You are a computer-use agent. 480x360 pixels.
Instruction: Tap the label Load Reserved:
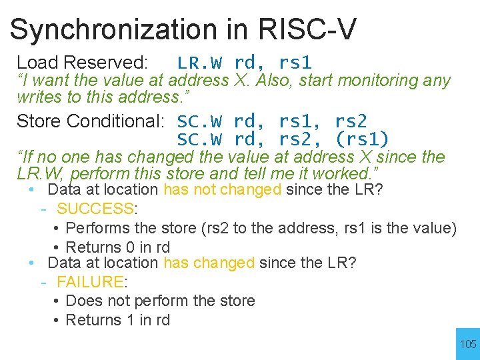pos(82,63)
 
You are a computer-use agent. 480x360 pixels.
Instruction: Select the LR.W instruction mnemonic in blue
pos(199,63)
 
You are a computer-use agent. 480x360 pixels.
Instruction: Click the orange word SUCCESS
pos(95,209)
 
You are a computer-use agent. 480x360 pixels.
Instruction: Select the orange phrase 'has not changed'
pos(222,190)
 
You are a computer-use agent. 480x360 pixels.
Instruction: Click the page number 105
pos(468,344)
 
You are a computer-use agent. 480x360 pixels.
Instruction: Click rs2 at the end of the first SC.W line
pos(350,121)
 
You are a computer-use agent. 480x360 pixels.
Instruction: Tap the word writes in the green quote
pos(39,97)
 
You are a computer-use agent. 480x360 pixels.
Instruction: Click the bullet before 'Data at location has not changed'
pos(32,190)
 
